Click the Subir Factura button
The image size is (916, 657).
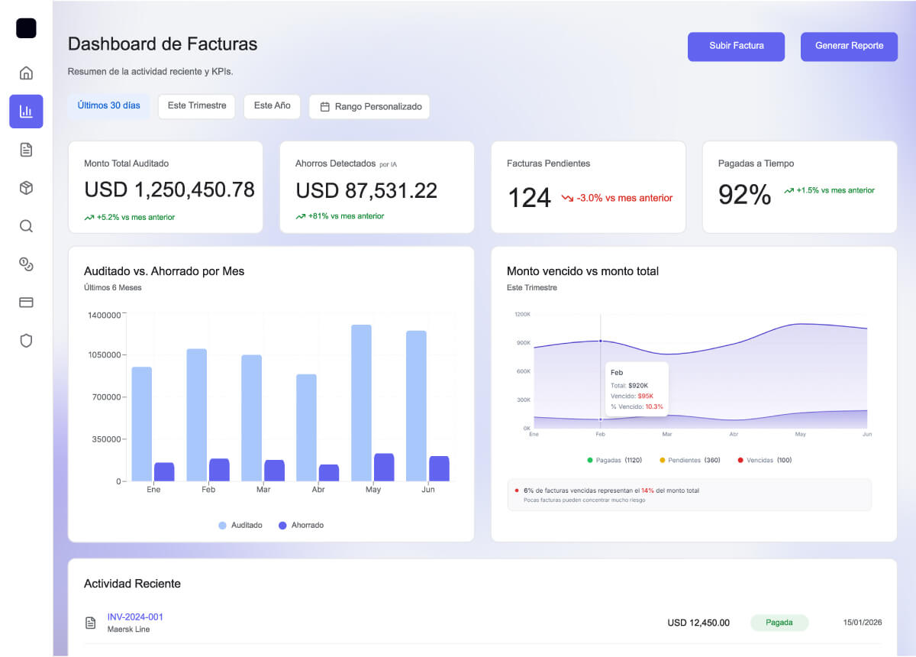(736, 46)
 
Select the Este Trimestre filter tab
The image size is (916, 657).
(196, 106)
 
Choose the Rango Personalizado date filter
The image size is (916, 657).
(369, 107)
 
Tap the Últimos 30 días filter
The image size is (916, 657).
(108, 106)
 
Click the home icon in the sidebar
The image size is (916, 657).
(26, 73)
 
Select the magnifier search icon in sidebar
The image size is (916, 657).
(26, 226)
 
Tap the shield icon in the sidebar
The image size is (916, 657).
(26, 341)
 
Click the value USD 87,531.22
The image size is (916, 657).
(366, 190)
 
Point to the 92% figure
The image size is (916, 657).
(744, 196)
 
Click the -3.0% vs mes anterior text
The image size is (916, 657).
(624, 198)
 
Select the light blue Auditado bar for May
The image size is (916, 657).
(361, 403)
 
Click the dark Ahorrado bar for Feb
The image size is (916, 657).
(219, 470)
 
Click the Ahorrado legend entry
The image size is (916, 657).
(302, 526)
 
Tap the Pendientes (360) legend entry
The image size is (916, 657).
(689, 461)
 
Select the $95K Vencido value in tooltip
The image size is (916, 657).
(645, 396)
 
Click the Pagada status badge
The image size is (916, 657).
(779, 623)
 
